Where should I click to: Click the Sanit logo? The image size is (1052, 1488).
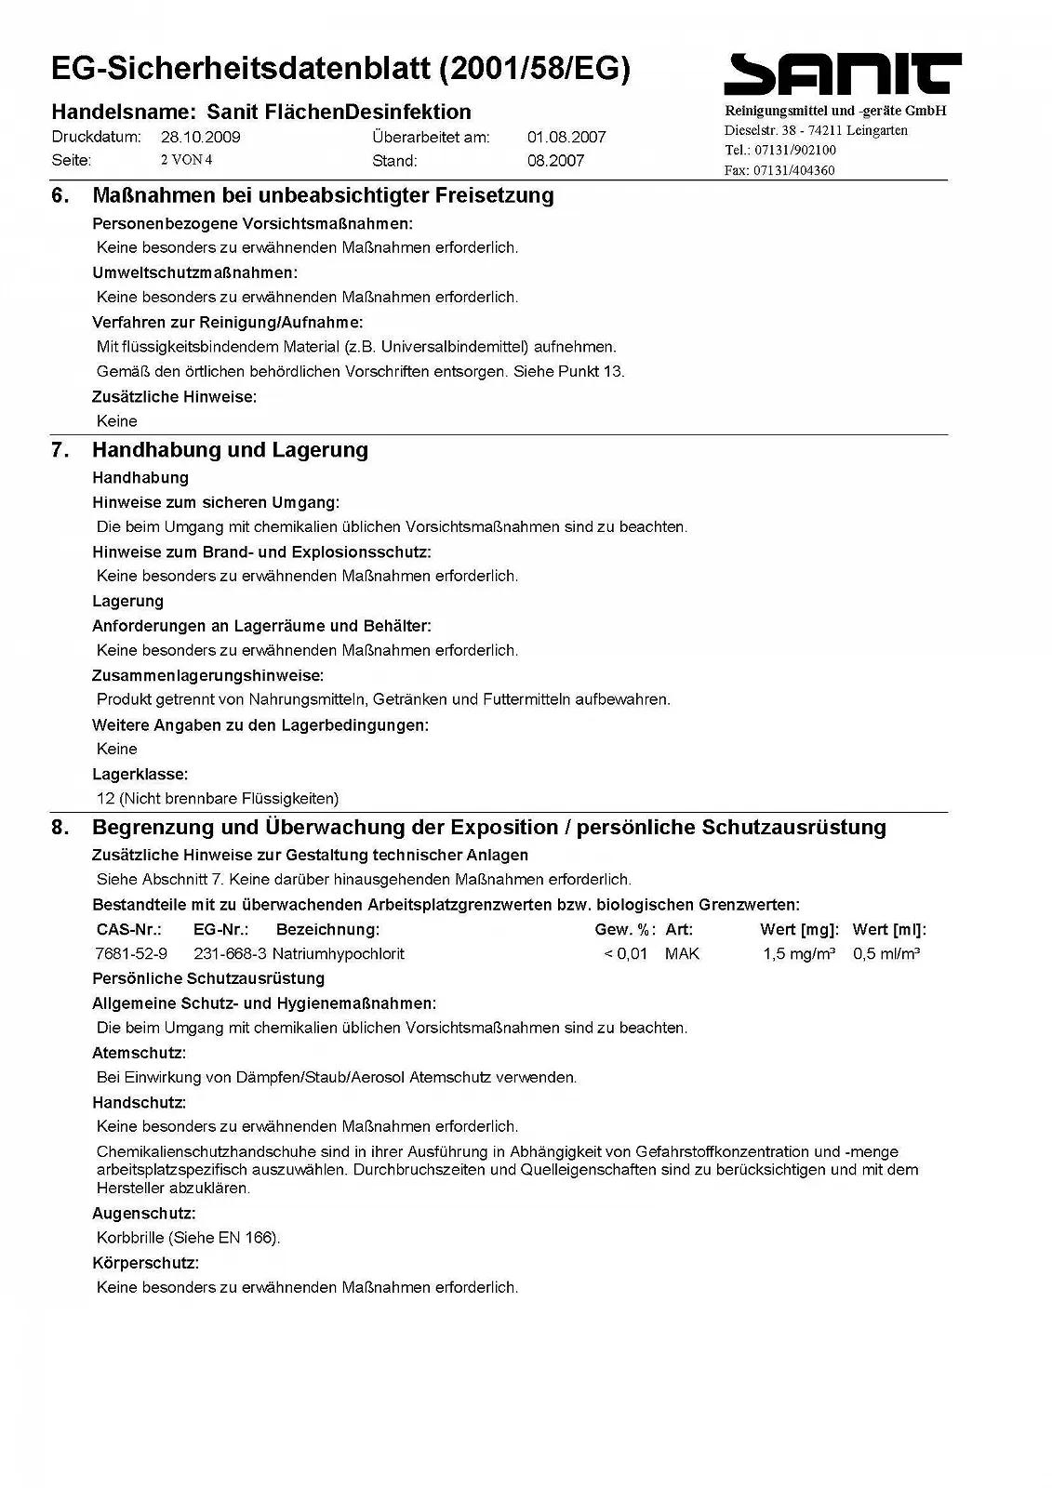[842, 74]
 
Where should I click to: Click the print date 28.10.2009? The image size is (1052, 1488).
[200, 137]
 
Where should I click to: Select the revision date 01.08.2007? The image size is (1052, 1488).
[566, 137]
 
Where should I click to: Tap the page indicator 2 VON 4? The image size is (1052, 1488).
[186, 160]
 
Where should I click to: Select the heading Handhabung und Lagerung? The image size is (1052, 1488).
[230, 450]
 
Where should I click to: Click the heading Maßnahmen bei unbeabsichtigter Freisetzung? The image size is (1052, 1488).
[323, 195]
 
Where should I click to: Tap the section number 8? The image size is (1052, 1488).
[60, 828]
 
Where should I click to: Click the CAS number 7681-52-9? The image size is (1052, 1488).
[131, 953]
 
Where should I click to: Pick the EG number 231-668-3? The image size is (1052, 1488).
[230, 953]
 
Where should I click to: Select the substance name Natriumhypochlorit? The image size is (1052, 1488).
[339, 953]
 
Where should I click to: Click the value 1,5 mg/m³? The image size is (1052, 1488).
[798, 953]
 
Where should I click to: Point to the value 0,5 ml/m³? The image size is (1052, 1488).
[886, 953]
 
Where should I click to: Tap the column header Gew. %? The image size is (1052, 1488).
[625, 929]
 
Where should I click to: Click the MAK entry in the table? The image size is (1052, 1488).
[682, 953]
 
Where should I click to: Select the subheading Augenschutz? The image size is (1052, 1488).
[143, 1214]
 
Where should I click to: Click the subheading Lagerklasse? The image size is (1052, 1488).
[140, 774]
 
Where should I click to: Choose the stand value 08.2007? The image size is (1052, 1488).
[555, 160]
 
